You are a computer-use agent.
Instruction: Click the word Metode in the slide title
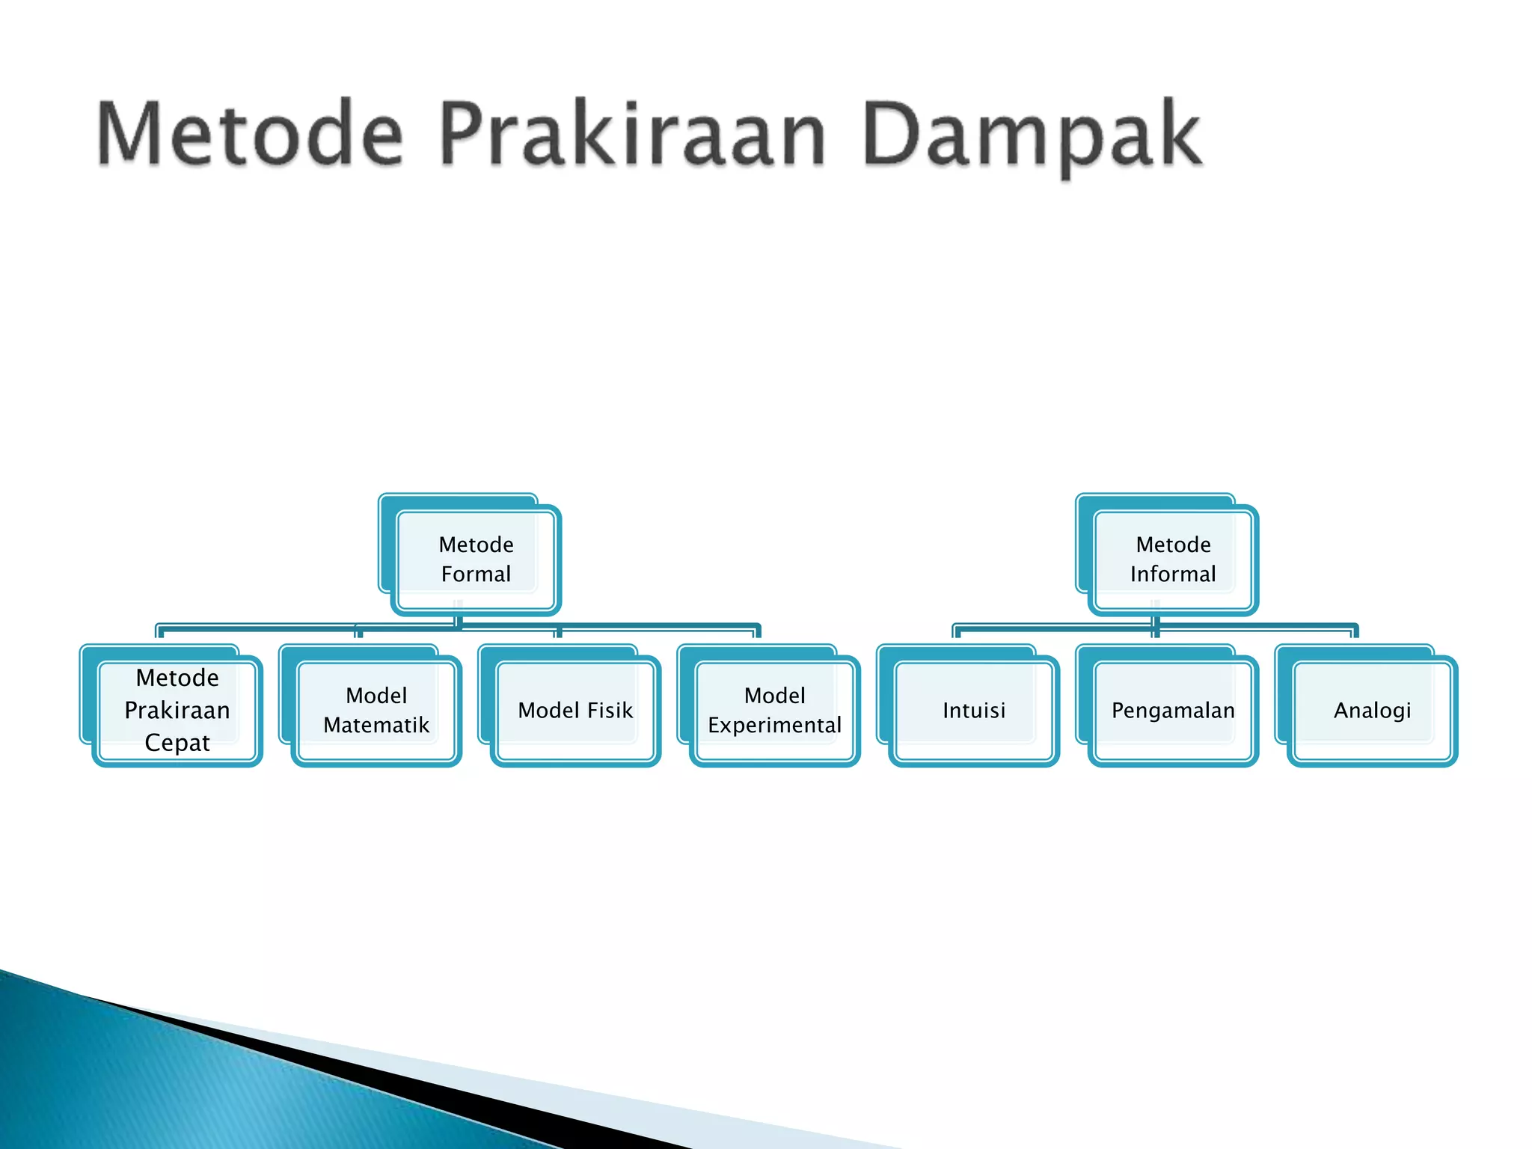250,135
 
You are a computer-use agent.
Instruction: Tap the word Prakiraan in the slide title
632,135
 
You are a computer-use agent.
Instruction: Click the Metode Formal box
476,559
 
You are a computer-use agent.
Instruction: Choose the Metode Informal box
1173,559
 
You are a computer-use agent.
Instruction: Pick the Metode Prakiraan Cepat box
177,710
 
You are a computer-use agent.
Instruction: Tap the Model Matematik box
376,710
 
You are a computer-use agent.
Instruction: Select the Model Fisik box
575,710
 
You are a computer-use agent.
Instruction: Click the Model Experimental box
775,710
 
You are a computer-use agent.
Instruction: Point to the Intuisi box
974,710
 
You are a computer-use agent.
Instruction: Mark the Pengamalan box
1173,710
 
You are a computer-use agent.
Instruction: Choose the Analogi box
1372,710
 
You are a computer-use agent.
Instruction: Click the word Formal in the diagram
476,574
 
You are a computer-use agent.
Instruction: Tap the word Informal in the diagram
1173,574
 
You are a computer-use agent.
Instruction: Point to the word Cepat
177,743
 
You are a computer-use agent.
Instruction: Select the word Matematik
376,725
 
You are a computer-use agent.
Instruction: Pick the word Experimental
775,725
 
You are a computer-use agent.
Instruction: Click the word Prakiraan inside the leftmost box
177,710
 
